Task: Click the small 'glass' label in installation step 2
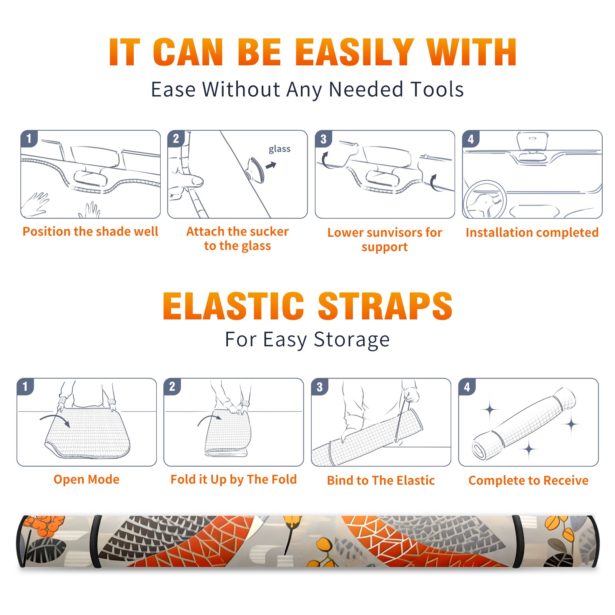(279, 149)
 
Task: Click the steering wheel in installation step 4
(485, 199)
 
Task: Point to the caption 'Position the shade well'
(90, 231)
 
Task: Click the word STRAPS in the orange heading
(385, 306)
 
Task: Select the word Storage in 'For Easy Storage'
(351, 340)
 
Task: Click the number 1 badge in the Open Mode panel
(25, 387)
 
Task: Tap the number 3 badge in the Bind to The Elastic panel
(320, 387)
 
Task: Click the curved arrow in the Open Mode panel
(55, 420)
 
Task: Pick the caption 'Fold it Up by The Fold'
(234, 479)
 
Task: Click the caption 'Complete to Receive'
(529, 480)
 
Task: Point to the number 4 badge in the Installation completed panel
(471, 139)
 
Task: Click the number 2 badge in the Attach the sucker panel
(176, 139)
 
